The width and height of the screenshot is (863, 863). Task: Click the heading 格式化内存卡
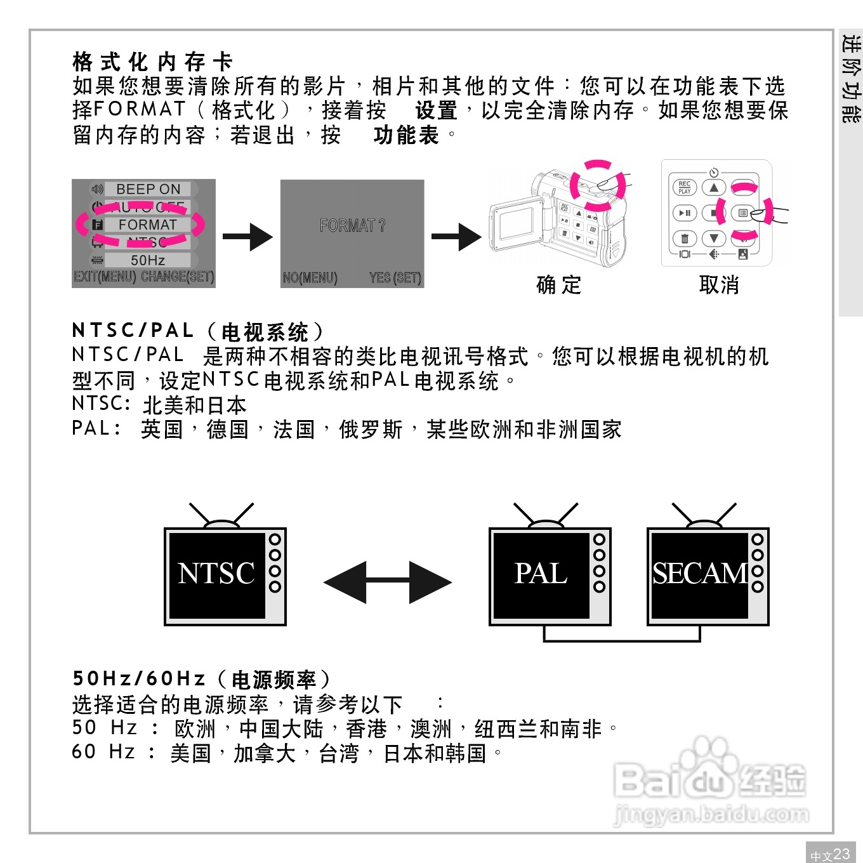[x=153, y=62]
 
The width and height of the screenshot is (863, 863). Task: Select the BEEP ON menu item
[x=148, y=189]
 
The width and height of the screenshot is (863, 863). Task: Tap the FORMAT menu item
[x=147, y=225]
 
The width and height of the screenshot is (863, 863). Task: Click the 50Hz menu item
[x=148, y=260]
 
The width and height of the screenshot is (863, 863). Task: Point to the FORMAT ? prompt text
[x=352, y=225]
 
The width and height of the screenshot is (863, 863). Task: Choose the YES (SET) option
[x=395, y=278]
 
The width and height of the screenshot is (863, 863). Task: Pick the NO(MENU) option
[x=310, y=278]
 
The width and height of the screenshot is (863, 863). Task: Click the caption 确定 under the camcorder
[x=558, y=285]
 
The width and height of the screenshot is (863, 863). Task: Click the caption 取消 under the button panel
[x=719, y=285]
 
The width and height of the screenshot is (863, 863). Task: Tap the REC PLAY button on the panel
[x=684, y=187]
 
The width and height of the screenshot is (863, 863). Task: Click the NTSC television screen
[x=217, y=574]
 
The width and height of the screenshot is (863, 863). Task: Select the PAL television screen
[x=541, y=574]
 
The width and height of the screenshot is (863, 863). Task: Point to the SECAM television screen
[x=699, y=574]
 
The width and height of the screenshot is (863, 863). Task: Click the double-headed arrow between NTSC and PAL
[x=388, y=582]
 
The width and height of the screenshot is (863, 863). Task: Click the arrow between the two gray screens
[x=247, y=237]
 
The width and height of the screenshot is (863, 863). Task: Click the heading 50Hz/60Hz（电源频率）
[x=202, y=679]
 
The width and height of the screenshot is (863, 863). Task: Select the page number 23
[x=841, y=853]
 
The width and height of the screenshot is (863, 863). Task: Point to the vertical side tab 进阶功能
[x=851, y=79]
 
